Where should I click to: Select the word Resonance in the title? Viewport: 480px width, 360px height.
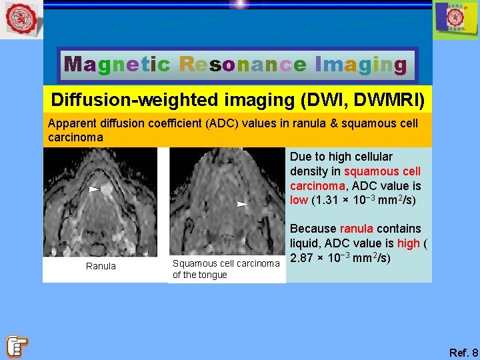pos(243,65)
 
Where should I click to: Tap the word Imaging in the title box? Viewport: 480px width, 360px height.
pos(361,65)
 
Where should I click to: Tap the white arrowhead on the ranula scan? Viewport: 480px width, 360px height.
pos(94,189)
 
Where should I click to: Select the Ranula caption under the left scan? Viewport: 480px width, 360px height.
pos(101,266)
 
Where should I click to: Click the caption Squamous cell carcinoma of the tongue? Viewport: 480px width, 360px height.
pos(225,269)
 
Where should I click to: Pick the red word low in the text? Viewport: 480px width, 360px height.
pos(300,200)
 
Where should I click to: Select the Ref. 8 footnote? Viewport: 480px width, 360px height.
pos(463,353)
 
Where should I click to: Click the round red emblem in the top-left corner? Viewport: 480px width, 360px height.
pos(21,20)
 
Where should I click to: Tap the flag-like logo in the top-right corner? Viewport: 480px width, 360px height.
pos(455,20)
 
